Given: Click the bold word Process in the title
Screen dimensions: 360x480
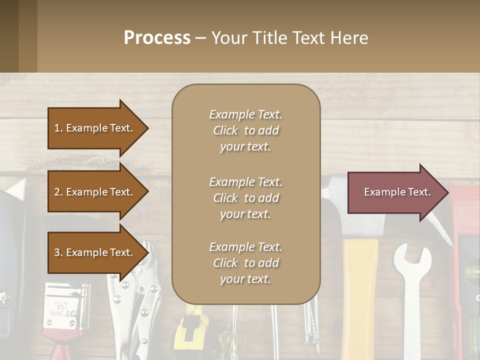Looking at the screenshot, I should coord(157,38).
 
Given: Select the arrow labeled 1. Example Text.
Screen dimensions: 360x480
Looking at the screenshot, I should coord(95,128).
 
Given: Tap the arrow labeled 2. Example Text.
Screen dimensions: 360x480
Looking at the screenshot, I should coord(95,192).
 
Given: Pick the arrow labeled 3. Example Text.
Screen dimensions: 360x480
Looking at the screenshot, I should coord(95,252).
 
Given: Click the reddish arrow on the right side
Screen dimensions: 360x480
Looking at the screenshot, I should coord(395,192).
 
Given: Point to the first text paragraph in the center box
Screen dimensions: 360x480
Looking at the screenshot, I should coord(245,130).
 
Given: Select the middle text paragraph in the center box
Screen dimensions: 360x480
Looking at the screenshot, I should coord(245,198).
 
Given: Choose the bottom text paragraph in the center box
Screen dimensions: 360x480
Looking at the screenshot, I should coord(245,263).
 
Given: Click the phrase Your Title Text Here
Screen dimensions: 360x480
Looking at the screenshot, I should coord(289,38).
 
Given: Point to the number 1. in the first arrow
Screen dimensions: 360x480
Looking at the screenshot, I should coord(58,128).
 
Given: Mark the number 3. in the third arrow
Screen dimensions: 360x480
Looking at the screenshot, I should coord(58,252).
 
